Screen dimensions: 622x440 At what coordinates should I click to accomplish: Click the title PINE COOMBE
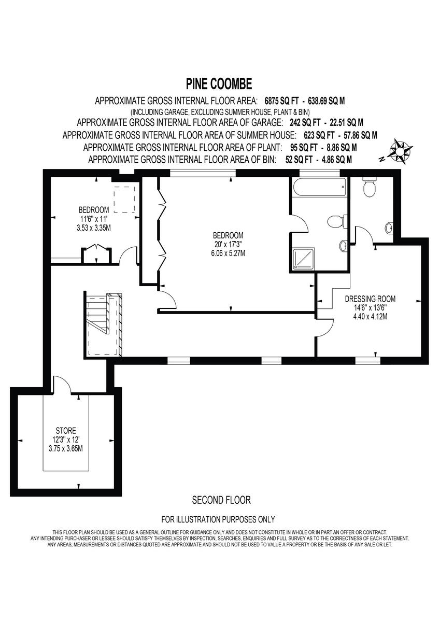[x=219, y=83]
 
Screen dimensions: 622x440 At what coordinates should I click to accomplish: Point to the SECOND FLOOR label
[x=221, y=500]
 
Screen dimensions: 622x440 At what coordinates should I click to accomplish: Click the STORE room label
[x=66, y=431]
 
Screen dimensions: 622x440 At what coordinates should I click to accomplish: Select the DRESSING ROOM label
[x=370, y=299]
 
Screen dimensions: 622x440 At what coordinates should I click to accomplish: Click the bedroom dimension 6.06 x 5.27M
[x=228, y=253]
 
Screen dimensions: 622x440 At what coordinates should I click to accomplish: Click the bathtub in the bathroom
[x=319, y=188]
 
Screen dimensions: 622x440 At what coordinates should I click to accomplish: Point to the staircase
[x=104, y=324]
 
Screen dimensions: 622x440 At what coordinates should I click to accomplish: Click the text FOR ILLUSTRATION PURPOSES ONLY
[x=218, y=519]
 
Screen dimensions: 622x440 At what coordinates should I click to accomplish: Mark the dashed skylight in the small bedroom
[x=124, y=200]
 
